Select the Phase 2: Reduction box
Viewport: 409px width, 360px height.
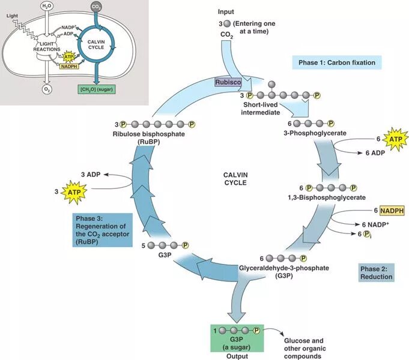point(377,272)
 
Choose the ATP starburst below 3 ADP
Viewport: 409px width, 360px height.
point(73,193)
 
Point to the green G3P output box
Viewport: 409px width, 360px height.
point(237,338)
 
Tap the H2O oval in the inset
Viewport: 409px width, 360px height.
point(47,7)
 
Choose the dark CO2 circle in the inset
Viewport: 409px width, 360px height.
point(96,7)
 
